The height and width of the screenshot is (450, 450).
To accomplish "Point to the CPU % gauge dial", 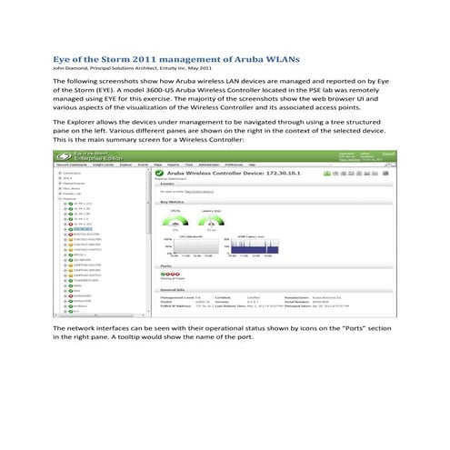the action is (x=175, y=221).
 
